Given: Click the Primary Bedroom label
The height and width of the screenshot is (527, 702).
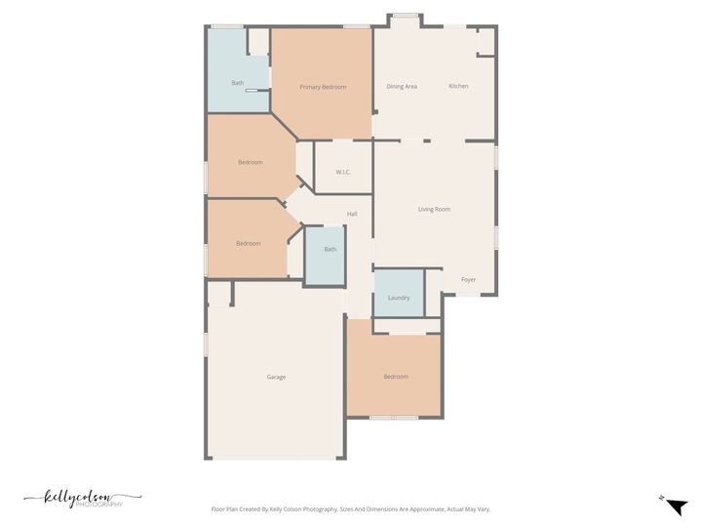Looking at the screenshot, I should pos(323,87).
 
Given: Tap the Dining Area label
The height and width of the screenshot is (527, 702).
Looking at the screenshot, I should pos(402,87).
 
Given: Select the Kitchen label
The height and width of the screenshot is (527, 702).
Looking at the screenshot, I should pos(458,87).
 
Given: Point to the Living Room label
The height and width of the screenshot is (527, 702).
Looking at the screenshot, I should pos(434,210).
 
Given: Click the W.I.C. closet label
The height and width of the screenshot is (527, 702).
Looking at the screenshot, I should pos(343,173).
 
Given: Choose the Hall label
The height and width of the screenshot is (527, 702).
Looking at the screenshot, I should pos(352,215).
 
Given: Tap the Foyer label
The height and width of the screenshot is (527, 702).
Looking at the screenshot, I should pos(469,280).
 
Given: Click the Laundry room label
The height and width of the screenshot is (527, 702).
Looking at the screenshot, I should pos(399,298).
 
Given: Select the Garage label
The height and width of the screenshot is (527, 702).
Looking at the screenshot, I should pos(276,377).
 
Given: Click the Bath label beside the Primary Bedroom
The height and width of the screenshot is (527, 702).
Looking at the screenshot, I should pos(237,83).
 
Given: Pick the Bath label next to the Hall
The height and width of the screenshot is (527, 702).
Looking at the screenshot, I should pos(331,250).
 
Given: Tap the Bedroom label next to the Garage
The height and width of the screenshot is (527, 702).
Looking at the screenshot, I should pos(395,377).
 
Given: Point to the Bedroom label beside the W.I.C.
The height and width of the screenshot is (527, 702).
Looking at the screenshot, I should pos(251,162).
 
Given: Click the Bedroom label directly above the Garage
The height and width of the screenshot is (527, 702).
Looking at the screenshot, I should pos(249,243).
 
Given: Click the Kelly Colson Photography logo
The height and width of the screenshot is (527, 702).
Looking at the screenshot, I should pos(83,499).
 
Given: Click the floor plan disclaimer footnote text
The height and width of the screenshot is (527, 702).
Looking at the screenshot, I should pos(351,509).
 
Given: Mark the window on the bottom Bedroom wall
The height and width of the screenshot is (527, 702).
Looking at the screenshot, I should pos(394,418).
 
